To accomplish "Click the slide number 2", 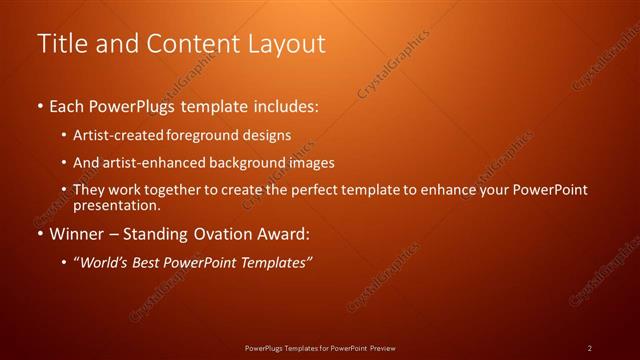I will pyautogui.click(x=590, y=348).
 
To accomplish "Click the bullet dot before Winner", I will pyautogui.click(x=40, y=235).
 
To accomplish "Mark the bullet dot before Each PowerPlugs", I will pyautogui.click(x=40, y=106).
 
